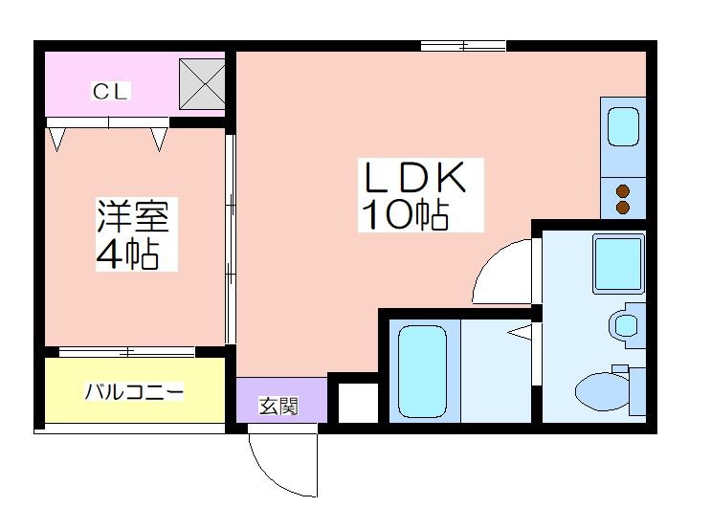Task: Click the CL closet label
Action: [109, 92]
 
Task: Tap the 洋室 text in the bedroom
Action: [133, 216]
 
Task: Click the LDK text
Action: [414, 177]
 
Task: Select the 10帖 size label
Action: [405, 214]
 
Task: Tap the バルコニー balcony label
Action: [135, 391]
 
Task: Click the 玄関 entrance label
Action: [278, 406]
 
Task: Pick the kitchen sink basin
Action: [623, 126]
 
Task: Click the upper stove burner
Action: [624, 191]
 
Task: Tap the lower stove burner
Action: [624, 208]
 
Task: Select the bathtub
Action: [422, 371]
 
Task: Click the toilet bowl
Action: [603, 390]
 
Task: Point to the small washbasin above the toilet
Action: [625, 325]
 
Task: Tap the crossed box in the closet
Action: [202, 84]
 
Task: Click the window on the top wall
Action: [463, 45]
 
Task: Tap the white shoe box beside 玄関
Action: [358, 403]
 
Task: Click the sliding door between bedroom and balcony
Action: [127, 351]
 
